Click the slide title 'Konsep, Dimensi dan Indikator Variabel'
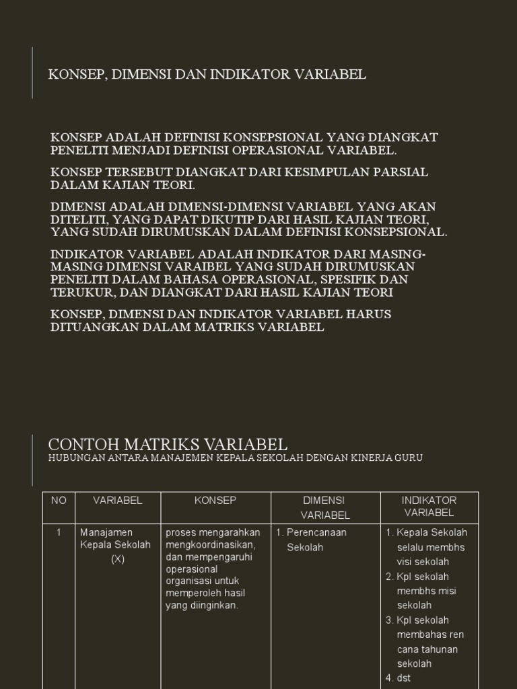pyautogui.click(x=207, y=74)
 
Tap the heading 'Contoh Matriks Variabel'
pyautogui.click(x=168, y=444)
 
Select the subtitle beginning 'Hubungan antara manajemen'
pyautogui.click(x=236, y=458)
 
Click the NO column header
pyautogui.click(x=59, y=500)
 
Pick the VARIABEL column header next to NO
pyautogui.click(x=118, y=500)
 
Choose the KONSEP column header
pyautogui.click(x=215, y=500)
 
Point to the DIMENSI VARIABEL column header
pyautogui.click(x=325, y=507)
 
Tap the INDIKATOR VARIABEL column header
pyautogui.click(x=429, y=506)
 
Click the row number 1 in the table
pyautogui.click(x=59, y=532)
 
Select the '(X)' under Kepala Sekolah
pyautogui.click(x=118, y=559)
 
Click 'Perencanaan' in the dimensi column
pyautogui.click(x=316, y=532)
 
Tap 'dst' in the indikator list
pyautogui.click(x=404, y=678)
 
